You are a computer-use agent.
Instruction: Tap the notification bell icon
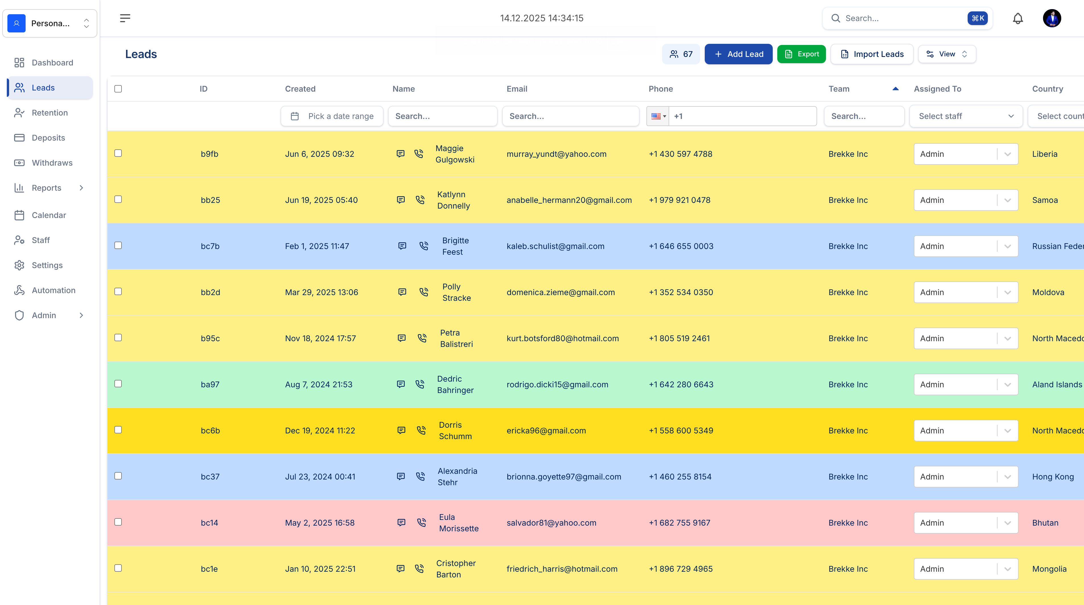1017,18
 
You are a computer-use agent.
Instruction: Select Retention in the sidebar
50,112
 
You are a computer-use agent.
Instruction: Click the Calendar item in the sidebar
49,215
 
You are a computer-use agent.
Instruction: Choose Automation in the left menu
53,290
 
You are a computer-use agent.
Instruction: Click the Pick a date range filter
332,116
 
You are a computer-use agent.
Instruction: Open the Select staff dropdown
966,116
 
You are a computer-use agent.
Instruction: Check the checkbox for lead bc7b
118,246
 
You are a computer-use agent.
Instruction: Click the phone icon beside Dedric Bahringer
420,384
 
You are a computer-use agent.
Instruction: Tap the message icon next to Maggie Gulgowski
401,154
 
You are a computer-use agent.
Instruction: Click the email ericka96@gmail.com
546,430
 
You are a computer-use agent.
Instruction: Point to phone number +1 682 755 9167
679,522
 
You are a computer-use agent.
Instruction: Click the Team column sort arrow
895,89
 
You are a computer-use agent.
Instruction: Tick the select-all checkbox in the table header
118,89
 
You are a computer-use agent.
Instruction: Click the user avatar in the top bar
1052,18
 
